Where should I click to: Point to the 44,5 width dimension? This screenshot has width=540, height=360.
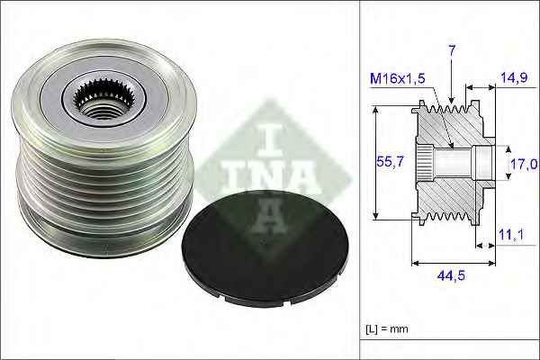[452, 276]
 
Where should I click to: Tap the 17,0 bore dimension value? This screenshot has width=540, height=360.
[524, 164]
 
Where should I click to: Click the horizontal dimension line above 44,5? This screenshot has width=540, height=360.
[452, 264]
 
